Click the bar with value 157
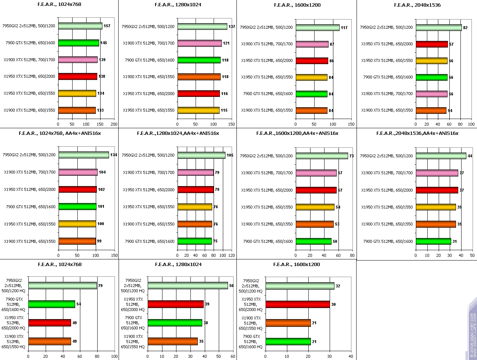(80, 26)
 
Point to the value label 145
(104, 43)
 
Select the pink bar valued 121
(199, 43)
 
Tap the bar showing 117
(317, 28)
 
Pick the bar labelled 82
(438, 28)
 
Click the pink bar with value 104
(78, 172)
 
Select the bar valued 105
(201, 155)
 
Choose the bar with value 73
(322, 156)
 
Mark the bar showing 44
(441, 156)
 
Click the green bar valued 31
(433, 241)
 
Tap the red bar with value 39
(175, 304)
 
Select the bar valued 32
(299, 286)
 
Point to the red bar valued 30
(297, 304)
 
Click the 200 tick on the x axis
(114, 124)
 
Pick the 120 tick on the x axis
(231, 255)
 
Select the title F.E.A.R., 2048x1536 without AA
(417, 5)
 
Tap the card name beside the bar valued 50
(268, 241)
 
